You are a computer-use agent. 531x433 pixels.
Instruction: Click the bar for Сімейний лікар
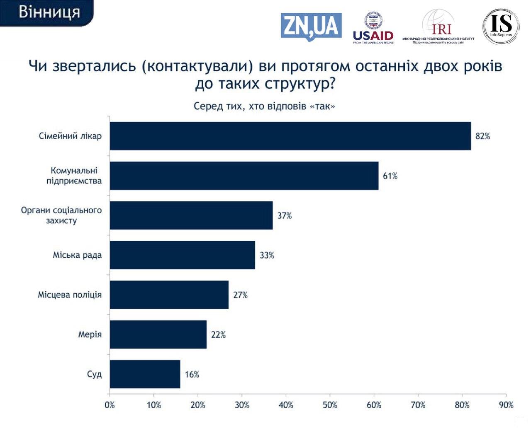290,136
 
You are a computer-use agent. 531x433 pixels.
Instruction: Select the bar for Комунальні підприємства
244,176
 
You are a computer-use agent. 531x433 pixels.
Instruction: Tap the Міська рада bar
182,255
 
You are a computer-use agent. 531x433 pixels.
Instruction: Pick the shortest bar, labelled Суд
145,374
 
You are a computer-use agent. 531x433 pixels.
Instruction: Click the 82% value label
482,136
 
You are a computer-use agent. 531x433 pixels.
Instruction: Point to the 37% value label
285,215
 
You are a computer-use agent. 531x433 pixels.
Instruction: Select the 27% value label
240,295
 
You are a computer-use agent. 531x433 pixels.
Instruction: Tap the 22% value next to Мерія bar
218,334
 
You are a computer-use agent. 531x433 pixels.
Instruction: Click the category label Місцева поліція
70,295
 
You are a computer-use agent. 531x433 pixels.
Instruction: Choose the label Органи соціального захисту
61,215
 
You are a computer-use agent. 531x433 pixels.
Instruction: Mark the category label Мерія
90,334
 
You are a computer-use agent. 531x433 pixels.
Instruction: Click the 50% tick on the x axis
330,405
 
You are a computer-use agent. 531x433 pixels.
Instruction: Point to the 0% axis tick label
110,405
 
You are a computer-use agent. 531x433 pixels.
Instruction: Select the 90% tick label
506,405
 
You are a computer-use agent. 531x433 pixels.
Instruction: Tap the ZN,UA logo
311,27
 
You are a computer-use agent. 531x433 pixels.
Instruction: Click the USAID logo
373,28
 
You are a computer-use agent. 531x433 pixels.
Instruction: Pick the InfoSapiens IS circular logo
501,26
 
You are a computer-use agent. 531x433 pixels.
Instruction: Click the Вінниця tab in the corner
49,12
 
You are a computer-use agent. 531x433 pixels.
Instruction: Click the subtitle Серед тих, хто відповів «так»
264,106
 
